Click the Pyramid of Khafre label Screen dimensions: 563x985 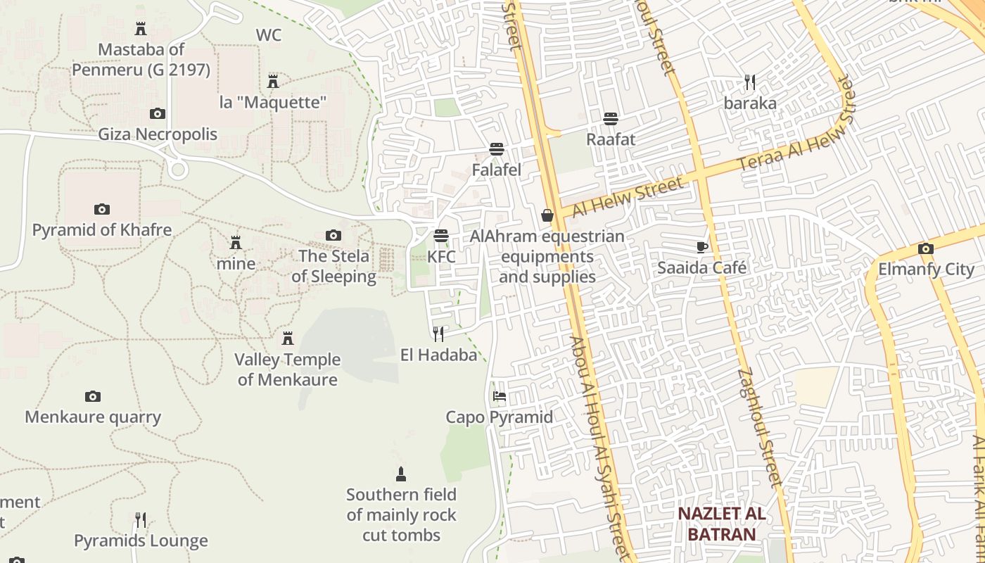click(x=102, y=230)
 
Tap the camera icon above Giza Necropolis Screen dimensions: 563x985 click(x=158, y=113)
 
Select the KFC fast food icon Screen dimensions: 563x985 click(x=441, y=236)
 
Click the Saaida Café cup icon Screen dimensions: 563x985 click(x=701, y=247)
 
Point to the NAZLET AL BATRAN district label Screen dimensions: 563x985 click(x=721, y=524)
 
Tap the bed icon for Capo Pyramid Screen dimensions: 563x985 click(x=500, y=396)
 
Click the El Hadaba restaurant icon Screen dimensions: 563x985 click(x=438, y=334)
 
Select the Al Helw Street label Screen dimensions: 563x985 click(x=627, y=198)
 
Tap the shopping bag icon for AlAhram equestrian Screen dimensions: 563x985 click(x=547, y=215)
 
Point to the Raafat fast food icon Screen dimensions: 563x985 click(x=610, y=118)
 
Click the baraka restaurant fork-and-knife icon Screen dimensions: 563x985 click(x=750, y=83)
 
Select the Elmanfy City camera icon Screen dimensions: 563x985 click(x=926, y=248)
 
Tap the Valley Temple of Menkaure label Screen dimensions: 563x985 click(x=287, y=369)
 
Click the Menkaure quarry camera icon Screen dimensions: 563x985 click(x=93, y=397)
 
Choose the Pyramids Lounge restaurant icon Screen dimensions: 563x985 click(x=141, y=520)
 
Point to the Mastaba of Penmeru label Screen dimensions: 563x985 click(x=141, y=60)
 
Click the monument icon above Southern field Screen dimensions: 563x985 click(x=401, y=474)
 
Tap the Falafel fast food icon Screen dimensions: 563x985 click(x=497, y=149)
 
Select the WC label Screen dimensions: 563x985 click(x=269, y=35)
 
